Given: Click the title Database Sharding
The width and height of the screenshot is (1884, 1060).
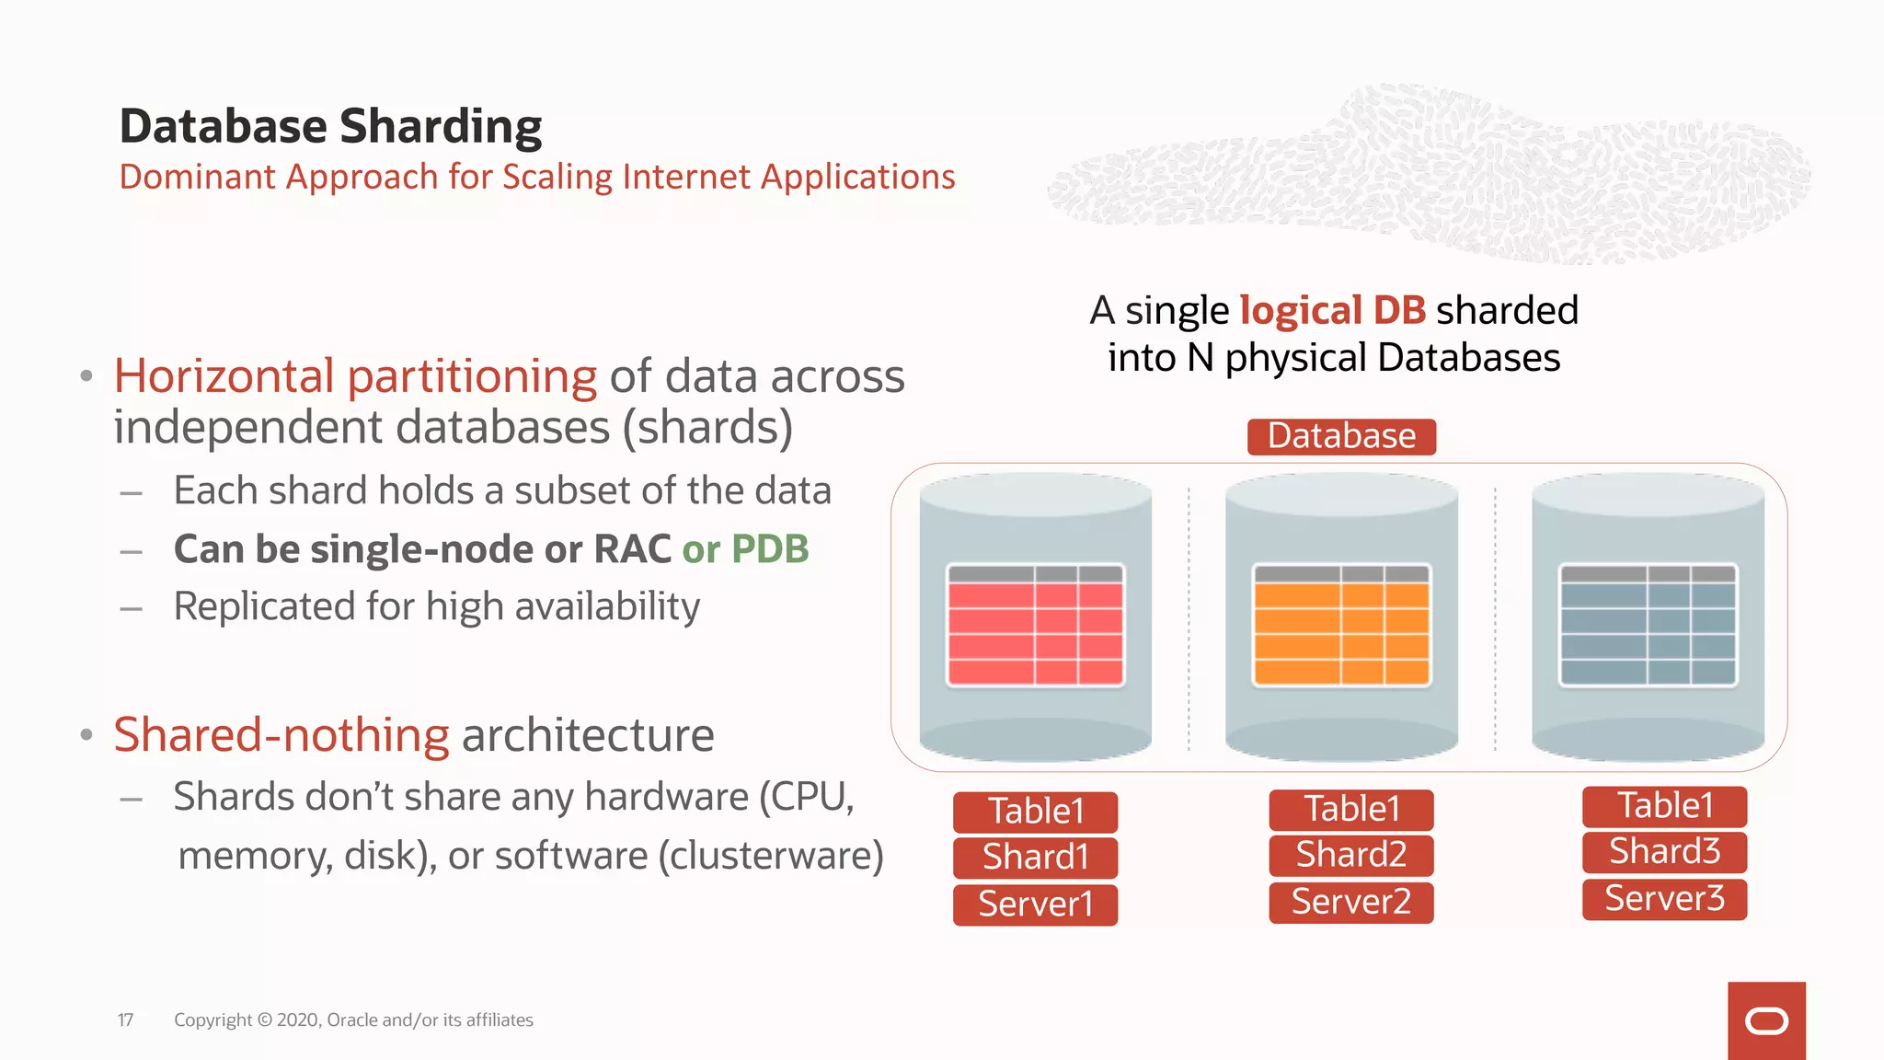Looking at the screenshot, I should [330, 126].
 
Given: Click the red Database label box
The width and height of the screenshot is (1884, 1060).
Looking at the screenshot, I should [1341, 436].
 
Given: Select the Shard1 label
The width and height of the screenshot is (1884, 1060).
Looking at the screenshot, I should [1035, 857].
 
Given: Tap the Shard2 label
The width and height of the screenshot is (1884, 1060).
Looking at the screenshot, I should [1350, 855].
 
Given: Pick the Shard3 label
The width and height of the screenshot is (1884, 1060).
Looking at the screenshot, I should [1664, 851].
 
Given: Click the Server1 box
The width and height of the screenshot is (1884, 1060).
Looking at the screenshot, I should [1035, 904].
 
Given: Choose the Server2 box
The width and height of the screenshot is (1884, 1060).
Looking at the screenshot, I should [1350, 902].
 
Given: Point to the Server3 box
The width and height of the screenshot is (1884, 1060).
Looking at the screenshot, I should [1664, 898].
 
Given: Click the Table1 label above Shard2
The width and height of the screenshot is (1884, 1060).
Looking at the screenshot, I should [1350, 809].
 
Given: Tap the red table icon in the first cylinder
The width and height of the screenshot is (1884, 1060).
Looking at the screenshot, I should [1035, 626].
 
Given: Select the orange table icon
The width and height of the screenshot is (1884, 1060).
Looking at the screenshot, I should [1341, 626].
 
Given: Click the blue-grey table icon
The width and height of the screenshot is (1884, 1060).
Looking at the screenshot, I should [1648, 626].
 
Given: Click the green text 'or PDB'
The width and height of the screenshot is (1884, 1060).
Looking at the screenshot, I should [745, 549].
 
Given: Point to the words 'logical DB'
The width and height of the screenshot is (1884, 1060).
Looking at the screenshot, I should [1332, 310].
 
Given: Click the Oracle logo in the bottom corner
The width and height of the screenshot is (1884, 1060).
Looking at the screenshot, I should [1766, 1020].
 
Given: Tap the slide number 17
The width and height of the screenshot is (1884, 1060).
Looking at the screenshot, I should [125, 1020].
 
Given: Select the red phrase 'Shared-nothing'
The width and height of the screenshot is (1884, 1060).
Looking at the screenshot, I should [281, 735].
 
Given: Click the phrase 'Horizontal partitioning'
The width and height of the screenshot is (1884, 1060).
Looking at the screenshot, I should [355, 376].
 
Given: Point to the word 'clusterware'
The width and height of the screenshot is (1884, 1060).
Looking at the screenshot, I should [770, 856].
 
